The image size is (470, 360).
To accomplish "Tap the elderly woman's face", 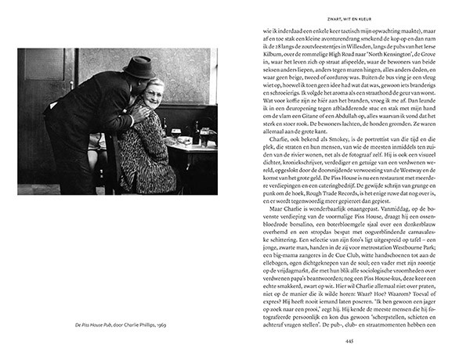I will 154,92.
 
